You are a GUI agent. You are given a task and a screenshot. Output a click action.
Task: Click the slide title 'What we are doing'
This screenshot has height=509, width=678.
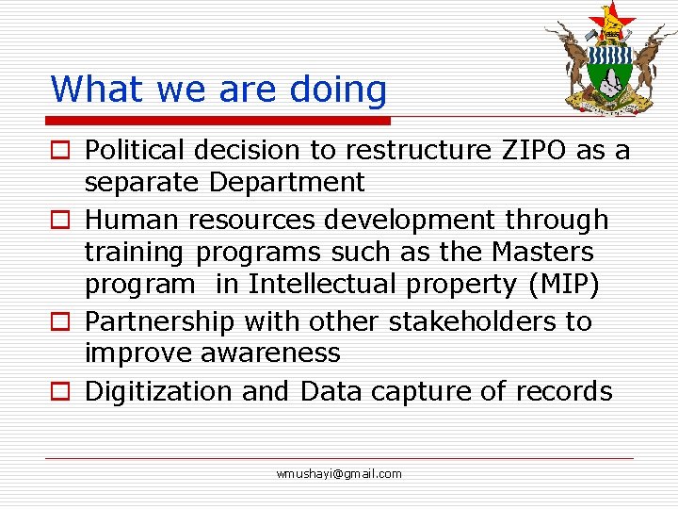(x=218, y=90)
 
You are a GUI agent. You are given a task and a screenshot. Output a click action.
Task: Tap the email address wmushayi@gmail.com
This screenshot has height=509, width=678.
(x=339, y=473)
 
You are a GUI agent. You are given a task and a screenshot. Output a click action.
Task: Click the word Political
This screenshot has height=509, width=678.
(x=140, y=150)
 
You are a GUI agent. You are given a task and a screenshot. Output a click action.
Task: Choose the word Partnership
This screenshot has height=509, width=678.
(x=159, y=321)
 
